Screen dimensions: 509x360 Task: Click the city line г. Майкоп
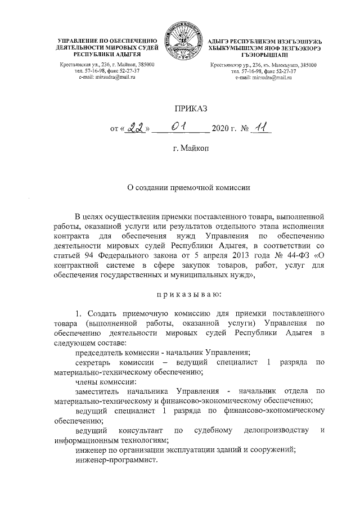point(179,150)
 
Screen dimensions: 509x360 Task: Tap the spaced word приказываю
point(179,293)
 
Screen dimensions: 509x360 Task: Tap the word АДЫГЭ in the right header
point(219,42)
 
